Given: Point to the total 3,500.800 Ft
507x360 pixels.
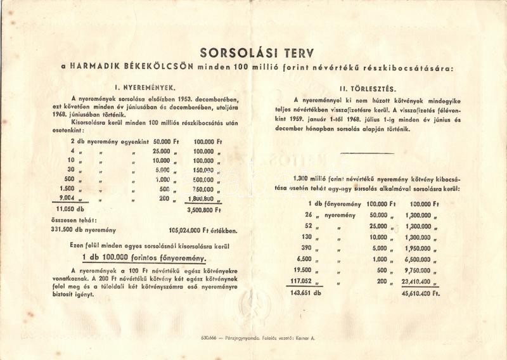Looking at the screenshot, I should coord(203,209).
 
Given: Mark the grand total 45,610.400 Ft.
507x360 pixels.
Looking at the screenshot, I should coord(415,293).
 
